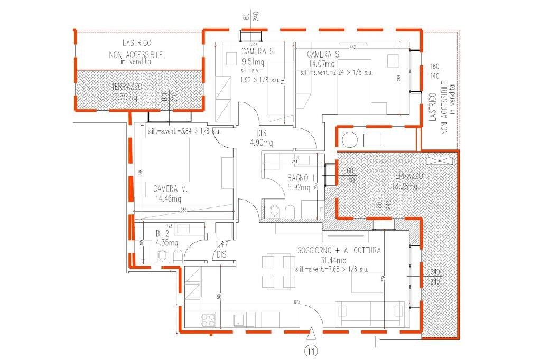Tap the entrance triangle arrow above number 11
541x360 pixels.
pyautogui.click(x=313, y=334)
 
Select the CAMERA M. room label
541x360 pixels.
pyautogui.click(x=171, y=188)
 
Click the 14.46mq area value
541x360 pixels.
pyautogui.click(x=167, y=199)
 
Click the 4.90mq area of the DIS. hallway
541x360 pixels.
pyautogui.click(x=261, y=143)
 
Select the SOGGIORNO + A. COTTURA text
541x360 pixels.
pyautogui.click(x=339, y=251)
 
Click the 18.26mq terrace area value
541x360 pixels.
pyautogui.click(x=409, y=186)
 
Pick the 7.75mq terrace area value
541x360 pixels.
pyautogui.click(x=126, y=97)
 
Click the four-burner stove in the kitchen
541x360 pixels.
pyautogui.click(x=208, y=320)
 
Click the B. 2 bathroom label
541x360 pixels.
pyautogui.click(x=162, y=233)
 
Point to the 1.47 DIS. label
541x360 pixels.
pyautogui.click(x=222, y=249)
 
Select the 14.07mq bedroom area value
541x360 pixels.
pyautogui.click(x=322, y=64)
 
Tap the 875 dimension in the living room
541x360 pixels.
pyautogui.click(x=297, y=302)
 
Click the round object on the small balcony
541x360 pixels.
pyautogui.click(x=350, y=140)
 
